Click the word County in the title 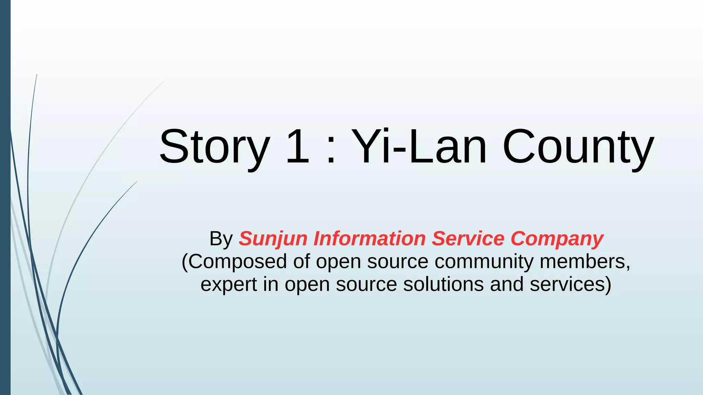(578, 147)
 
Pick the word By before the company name (221, 239)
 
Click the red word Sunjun (273, 239)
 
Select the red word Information (369, 239)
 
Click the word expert (229, 285)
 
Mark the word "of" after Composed (301, 262)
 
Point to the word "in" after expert (270, 285)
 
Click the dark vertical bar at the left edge (5, 197)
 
